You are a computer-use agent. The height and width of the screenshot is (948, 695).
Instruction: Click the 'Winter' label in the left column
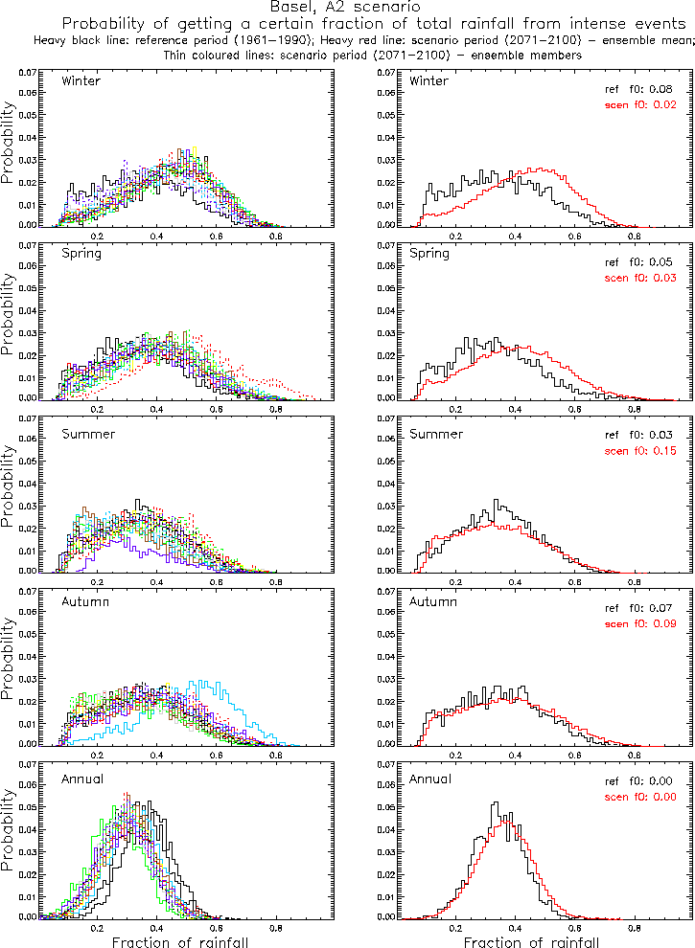(x=80, y=80)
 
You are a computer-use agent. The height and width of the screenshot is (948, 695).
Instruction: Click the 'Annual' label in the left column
(x=81, y=778)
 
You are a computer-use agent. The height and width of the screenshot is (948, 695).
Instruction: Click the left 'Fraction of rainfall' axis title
(x=180, y=941)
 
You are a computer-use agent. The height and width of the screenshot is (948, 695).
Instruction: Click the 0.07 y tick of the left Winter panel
(x=28, y=73)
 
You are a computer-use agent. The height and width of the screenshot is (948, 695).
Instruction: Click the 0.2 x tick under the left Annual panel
(x=97, y=926)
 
